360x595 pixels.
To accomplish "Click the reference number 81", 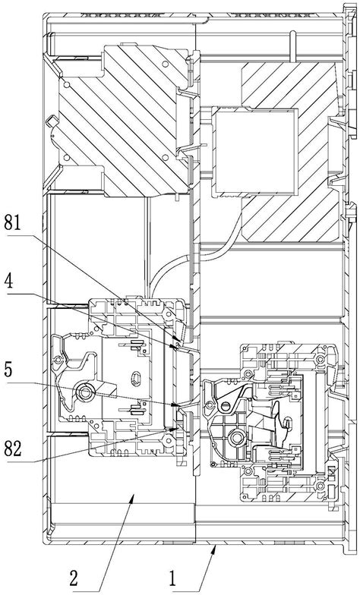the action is coord(12,223).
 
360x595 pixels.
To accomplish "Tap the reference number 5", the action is coord(9,371).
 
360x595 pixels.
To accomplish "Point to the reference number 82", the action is coord(13,449).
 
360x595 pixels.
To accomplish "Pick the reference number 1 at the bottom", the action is coord(173,580).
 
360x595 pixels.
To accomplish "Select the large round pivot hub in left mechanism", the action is coord(84,392).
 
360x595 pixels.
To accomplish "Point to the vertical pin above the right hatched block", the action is coord(292,46).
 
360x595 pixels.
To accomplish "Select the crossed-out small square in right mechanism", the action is coord(331,473).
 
